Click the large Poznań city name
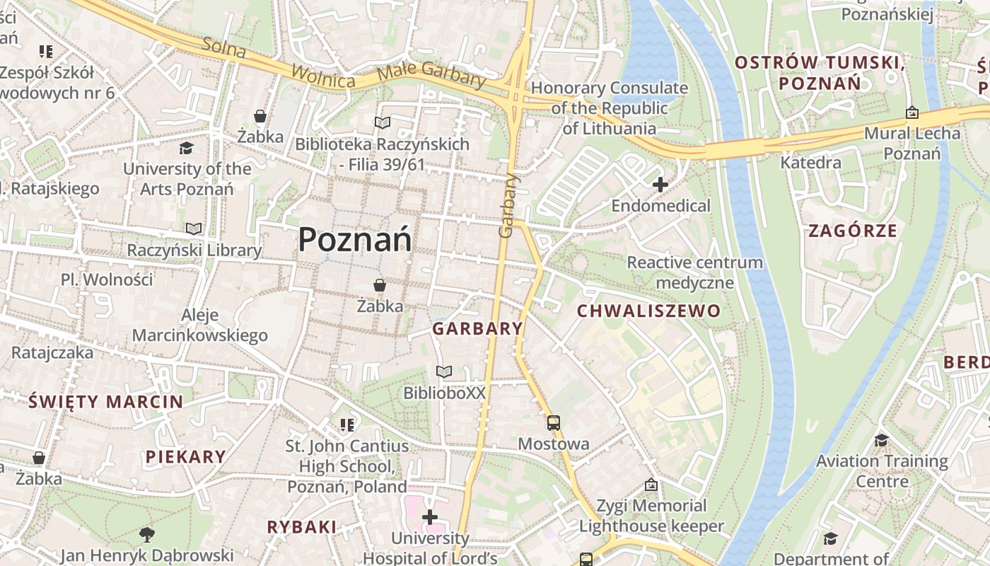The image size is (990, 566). click(354, 239)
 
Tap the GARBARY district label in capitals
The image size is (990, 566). click(477, 328)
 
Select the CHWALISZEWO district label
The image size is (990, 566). click(648, 311)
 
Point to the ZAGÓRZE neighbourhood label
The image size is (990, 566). click(852, 231)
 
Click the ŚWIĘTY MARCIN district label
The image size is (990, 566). click(106, 402)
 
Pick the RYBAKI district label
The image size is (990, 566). click(301, 526)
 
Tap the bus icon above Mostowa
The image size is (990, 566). click(553, 423)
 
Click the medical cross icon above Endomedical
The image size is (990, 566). click(660, 185)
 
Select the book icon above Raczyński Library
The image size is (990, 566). click(194, 229)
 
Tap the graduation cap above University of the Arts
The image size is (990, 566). click(186, 148)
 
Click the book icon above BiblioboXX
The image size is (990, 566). click(444, 371)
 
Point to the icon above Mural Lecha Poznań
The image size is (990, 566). click(912, 112)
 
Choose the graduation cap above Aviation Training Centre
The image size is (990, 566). click(881, 440)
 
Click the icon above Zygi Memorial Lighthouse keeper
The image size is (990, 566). click(651, 485)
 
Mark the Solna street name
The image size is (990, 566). click(223, 48)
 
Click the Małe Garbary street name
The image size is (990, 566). click(431, 74)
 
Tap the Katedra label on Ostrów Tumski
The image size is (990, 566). click(810, 163)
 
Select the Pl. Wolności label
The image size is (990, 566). click(107, 279)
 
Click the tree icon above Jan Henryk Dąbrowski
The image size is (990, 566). click(146, 534)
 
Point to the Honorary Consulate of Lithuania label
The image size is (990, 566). click(609, 108)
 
